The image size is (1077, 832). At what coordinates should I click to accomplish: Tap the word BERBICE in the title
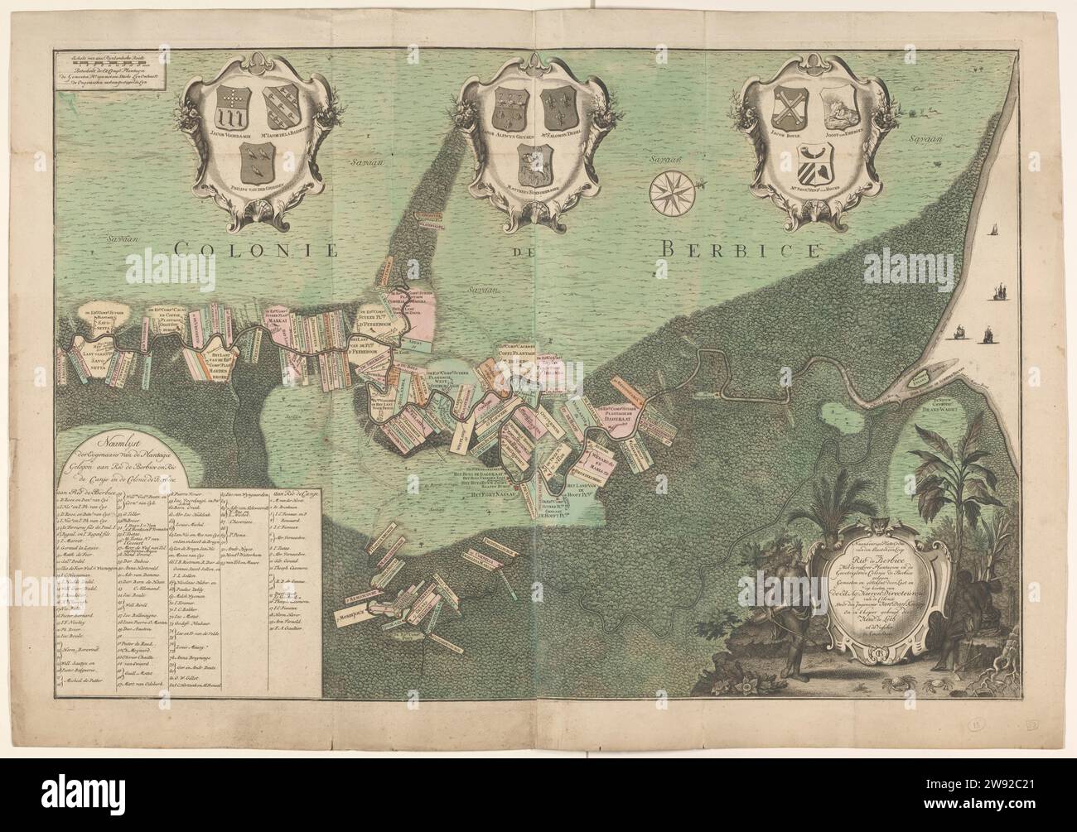[x=742, y=246]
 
